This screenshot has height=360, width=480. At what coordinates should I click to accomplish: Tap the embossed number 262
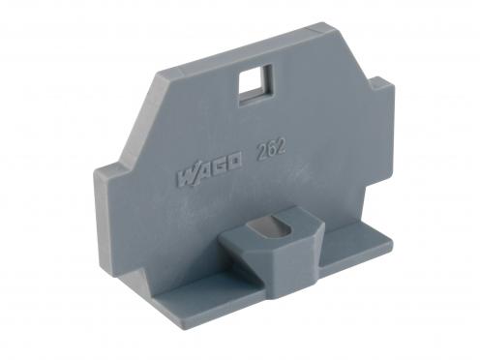[x=271, y=150]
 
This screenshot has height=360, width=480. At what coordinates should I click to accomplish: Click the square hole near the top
[x=255, y=85]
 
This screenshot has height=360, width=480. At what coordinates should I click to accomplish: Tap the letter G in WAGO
[x=219, y=168]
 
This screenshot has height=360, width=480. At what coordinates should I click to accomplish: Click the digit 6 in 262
[x=271, y=150]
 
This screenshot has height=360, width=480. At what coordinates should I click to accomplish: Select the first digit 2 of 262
[x=261, y=152]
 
